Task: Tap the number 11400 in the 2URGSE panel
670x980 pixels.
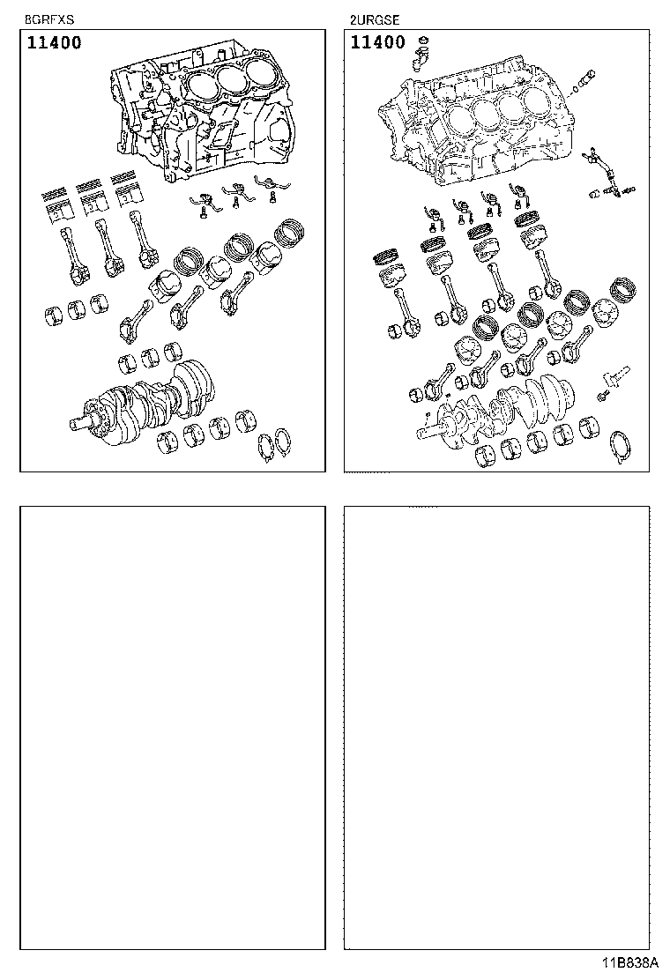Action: point(377,42)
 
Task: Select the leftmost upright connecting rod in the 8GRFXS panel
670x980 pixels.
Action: point(73,256)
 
